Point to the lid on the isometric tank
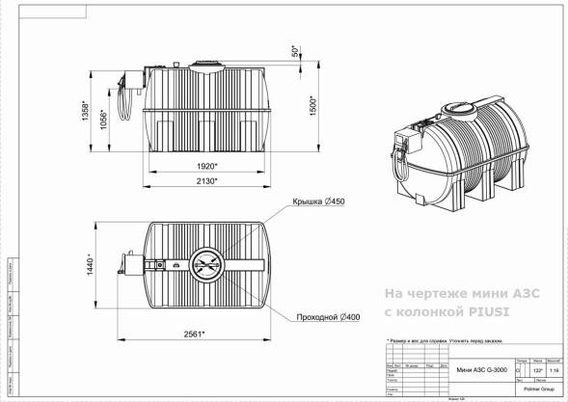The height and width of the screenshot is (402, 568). tap(456, 108)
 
